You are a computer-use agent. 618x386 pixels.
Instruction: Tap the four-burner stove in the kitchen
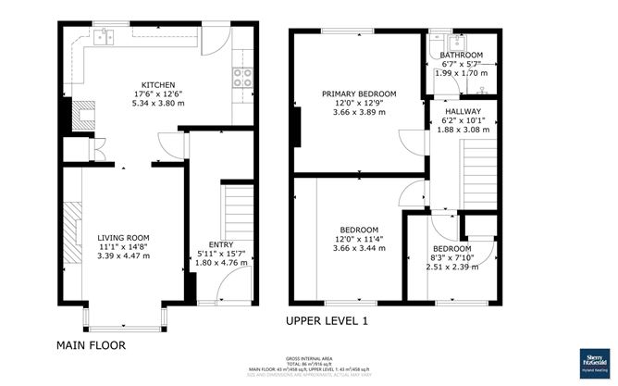pos(245,79)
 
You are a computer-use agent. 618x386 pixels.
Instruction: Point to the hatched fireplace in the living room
pos(73,225)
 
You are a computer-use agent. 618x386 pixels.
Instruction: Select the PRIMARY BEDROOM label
pos(359,93)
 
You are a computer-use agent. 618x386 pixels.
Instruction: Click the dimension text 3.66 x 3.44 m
pos(358,250)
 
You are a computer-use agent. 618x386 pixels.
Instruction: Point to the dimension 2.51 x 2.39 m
pos(451,267)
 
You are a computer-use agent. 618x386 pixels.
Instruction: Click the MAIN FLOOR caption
pos(91,345)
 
